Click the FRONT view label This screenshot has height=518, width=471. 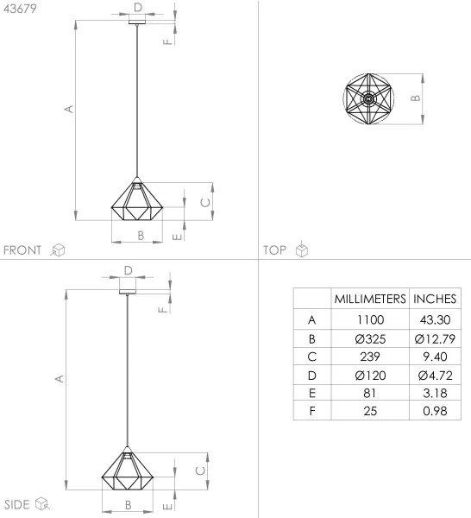click(23, 250)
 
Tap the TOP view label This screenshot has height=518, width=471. click(275, 250)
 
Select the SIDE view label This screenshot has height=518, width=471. click(17, 503)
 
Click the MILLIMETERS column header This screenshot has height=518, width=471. click(370, 299)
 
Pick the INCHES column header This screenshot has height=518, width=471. click(435, 299)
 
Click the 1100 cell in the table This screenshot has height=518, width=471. click(370, 319)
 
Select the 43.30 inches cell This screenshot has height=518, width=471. click(435, 319)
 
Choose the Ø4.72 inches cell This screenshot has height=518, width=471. click(435, 374)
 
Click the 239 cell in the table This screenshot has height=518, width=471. click(370, 356)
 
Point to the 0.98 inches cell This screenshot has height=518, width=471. click(435, 410)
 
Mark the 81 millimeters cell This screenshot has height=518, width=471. click(370, 392)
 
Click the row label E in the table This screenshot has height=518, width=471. click(311, 392)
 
